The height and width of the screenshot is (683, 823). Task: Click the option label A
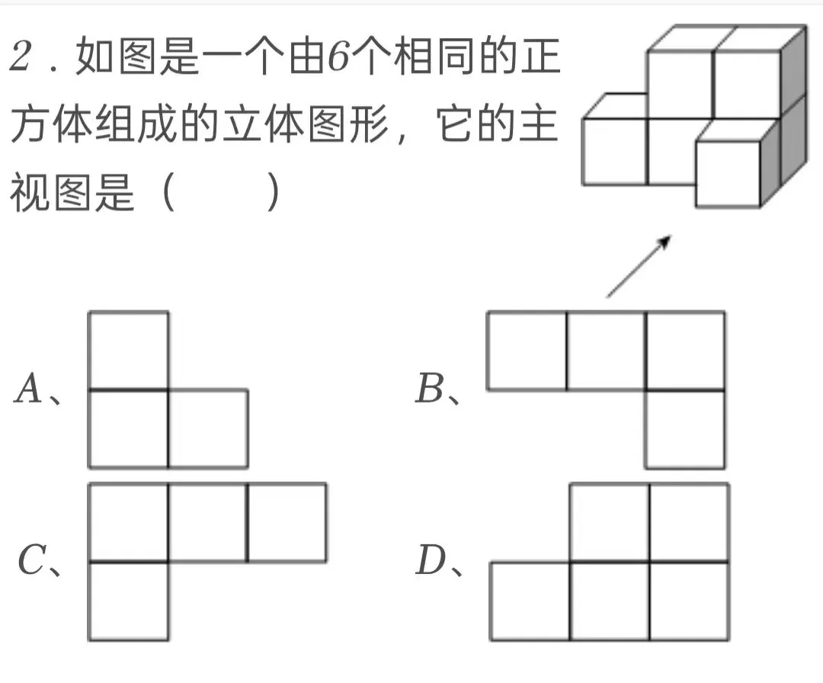pos(29,391)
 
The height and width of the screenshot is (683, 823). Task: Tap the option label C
pos(33,563)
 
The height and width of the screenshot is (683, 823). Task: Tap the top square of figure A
pos(128,351)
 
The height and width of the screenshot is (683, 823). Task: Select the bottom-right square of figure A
pos(207,428)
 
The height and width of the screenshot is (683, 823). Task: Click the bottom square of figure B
pos(684,429)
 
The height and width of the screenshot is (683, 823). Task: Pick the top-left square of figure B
pos(527,351)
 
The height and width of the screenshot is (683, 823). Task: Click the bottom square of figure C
pos(128,601)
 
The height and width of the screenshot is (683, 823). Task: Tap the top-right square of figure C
pos(287,522)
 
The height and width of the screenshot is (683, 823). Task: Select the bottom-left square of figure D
pos(530,601)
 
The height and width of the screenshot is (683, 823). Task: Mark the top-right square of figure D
pos(689,523)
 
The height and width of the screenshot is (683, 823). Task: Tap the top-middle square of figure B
pos(606,351)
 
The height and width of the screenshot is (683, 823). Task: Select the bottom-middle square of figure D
pos(610,601)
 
